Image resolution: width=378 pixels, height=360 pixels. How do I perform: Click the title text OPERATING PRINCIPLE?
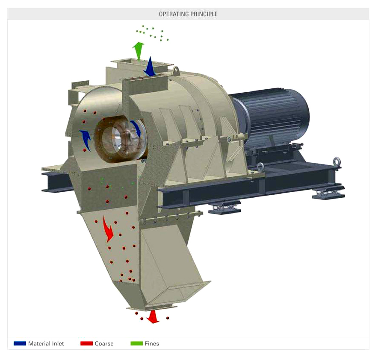click(x=188, y=14)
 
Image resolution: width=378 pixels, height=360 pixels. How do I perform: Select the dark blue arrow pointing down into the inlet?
click(x=150, y=67)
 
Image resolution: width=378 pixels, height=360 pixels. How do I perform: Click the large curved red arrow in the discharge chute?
click(x=108, y=229)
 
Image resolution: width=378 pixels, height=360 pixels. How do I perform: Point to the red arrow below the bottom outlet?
click(x=153, y=316)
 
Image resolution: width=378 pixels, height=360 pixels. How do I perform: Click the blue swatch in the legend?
click(x=20, y=343)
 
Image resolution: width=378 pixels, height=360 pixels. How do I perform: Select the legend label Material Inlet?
click(x=46, y=344)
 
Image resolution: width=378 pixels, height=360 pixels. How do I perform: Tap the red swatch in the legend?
click(x=86, y=343)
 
